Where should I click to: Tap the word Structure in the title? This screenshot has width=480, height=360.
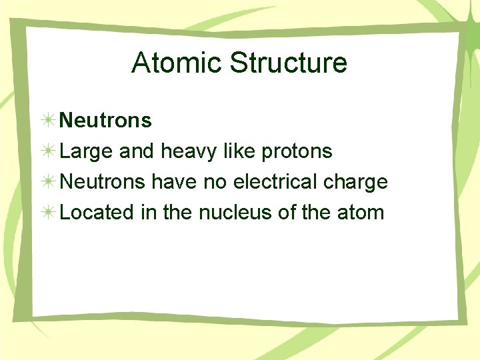tap(288, 63)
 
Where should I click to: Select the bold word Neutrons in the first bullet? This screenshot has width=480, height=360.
tap(105, 121)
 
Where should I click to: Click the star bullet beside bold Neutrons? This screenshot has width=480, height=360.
tap(48, 121)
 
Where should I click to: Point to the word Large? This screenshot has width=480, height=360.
tap(86, 151)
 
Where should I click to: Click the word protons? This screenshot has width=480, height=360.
tap(297, 152)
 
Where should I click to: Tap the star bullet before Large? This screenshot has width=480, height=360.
tap(48, 151)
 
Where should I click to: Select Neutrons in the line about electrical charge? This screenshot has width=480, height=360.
tap(103, 182)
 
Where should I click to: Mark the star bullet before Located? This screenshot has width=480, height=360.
tap(48, 213)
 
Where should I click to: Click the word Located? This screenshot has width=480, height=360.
tap(97, 213)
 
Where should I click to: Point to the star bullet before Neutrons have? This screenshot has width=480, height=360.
tap(48, 182)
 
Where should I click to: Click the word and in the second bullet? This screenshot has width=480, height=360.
tap(137, 151)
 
